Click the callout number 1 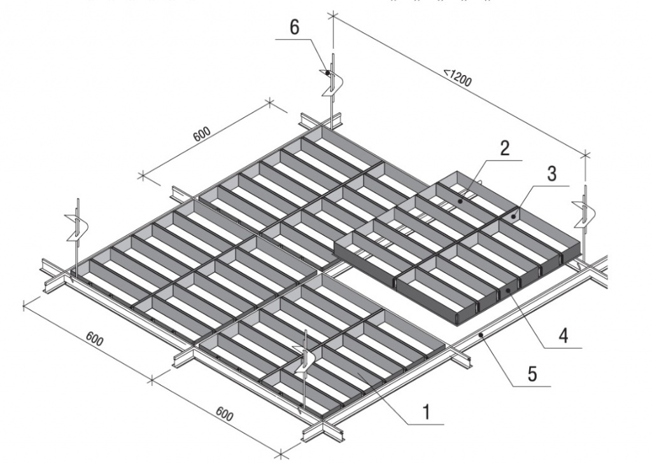(425, 413)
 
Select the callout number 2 (504, 148)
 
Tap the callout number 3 (551, 174)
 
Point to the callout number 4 (563, 335)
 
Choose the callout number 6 (294, 27)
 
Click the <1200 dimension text (457, 78)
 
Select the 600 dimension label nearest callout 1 (224, 414)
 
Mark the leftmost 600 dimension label (95, 339)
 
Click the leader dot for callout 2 (460, 201)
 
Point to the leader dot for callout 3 (514, 216)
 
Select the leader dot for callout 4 (507, 291)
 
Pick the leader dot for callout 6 (328, 73)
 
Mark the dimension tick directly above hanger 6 (332, 16)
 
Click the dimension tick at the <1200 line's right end (586, 156)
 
